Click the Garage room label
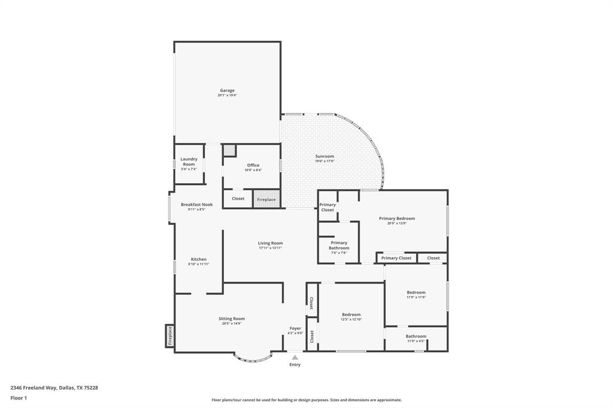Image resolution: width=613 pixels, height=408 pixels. (x=227, y=90)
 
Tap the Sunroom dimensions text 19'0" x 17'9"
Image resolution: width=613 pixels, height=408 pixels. (x=325, y=161)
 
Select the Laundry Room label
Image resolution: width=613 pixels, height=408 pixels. (x=189, y=162)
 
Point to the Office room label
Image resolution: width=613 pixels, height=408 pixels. (x=253, y=165)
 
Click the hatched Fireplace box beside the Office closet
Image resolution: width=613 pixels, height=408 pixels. (x=266, y=199)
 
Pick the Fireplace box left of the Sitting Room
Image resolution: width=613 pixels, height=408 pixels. (x=169, y=336)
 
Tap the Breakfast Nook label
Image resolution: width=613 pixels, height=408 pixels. (x=196, y=205)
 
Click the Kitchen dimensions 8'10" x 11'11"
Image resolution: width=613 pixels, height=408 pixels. (x=199, y=264)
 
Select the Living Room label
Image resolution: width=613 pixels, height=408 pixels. (x=271, y=243)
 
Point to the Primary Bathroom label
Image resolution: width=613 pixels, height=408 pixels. (x=339, y=245)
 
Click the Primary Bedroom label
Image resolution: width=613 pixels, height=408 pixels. (x=397, y=218)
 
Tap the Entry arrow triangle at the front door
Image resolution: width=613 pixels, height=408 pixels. (x=295, y=358)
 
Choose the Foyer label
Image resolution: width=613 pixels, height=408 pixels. (x=295, y=328)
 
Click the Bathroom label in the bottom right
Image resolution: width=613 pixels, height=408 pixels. (x=416, y=336)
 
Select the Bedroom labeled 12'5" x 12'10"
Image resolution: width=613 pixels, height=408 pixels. (x=351, y=315)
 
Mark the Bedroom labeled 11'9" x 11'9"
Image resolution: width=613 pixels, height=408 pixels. (x=416, y=293)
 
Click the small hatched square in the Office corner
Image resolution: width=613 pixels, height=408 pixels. (x=230, y=150)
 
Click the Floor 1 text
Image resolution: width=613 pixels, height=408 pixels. (x=19, y=398)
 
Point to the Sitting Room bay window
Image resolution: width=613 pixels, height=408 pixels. (x=253, y=358)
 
